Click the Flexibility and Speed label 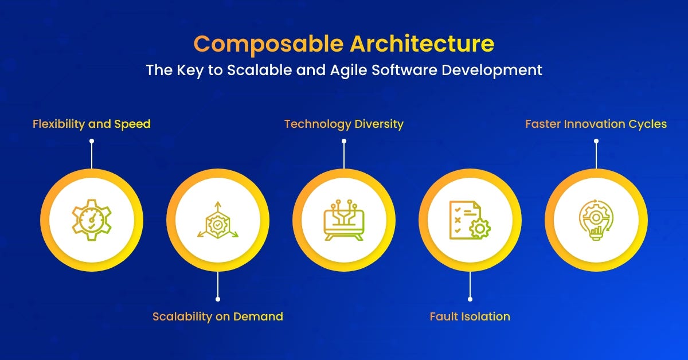point(92,124)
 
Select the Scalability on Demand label point(218,316)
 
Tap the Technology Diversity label point(344,124)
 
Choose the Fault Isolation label point(470,316)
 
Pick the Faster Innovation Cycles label point(596,124)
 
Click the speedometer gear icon point(92,220)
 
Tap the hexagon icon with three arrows point(218,220)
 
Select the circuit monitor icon point(344,220)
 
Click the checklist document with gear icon point(470,220)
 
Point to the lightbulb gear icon point(596,220)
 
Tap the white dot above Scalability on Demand point(218,299)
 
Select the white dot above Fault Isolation point(470,299)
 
